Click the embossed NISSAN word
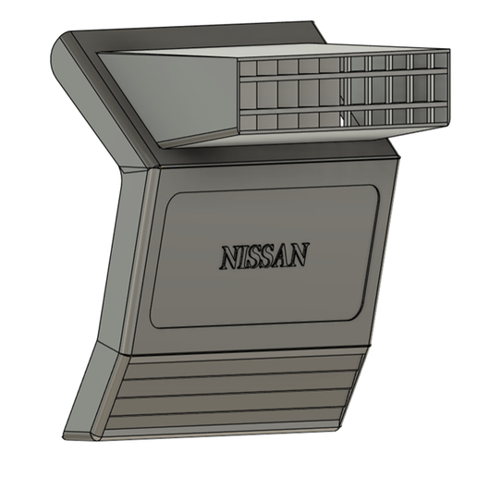point(263,256)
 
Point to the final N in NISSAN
point(300,254)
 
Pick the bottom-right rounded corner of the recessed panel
point(355,314)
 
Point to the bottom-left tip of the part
point(67,434)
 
